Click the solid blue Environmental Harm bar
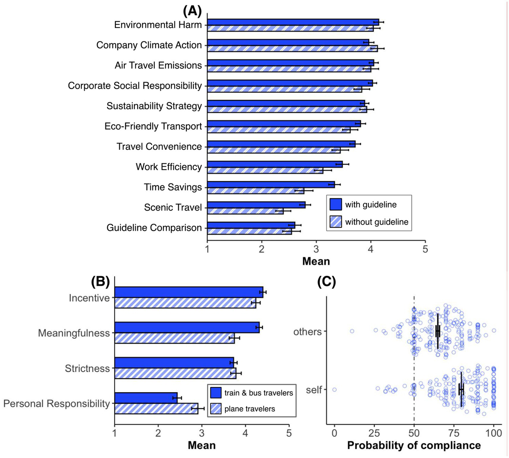[293, 22]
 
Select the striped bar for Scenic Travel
[245, 211]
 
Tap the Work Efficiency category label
[168, 167]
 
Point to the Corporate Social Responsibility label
[135, 86]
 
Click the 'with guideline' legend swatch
[336, 204]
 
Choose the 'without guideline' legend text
[377, 222]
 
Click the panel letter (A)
[192, 11]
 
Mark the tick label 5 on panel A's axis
[425, 249]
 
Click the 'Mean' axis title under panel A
[316, 261]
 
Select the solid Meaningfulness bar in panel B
[187, 327]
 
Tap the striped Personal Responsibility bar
[156, 408]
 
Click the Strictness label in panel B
[87, 368]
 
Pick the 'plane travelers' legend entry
[249, 409]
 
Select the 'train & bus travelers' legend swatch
[216, 393]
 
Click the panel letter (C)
[326, 282]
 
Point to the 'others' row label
[307, 331]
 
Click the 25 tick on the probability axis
[374, 433]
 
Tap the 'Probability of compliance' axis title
[414, 445]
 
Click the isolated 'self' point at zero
[334, 390]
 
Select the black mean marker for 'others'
[438, 331]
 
